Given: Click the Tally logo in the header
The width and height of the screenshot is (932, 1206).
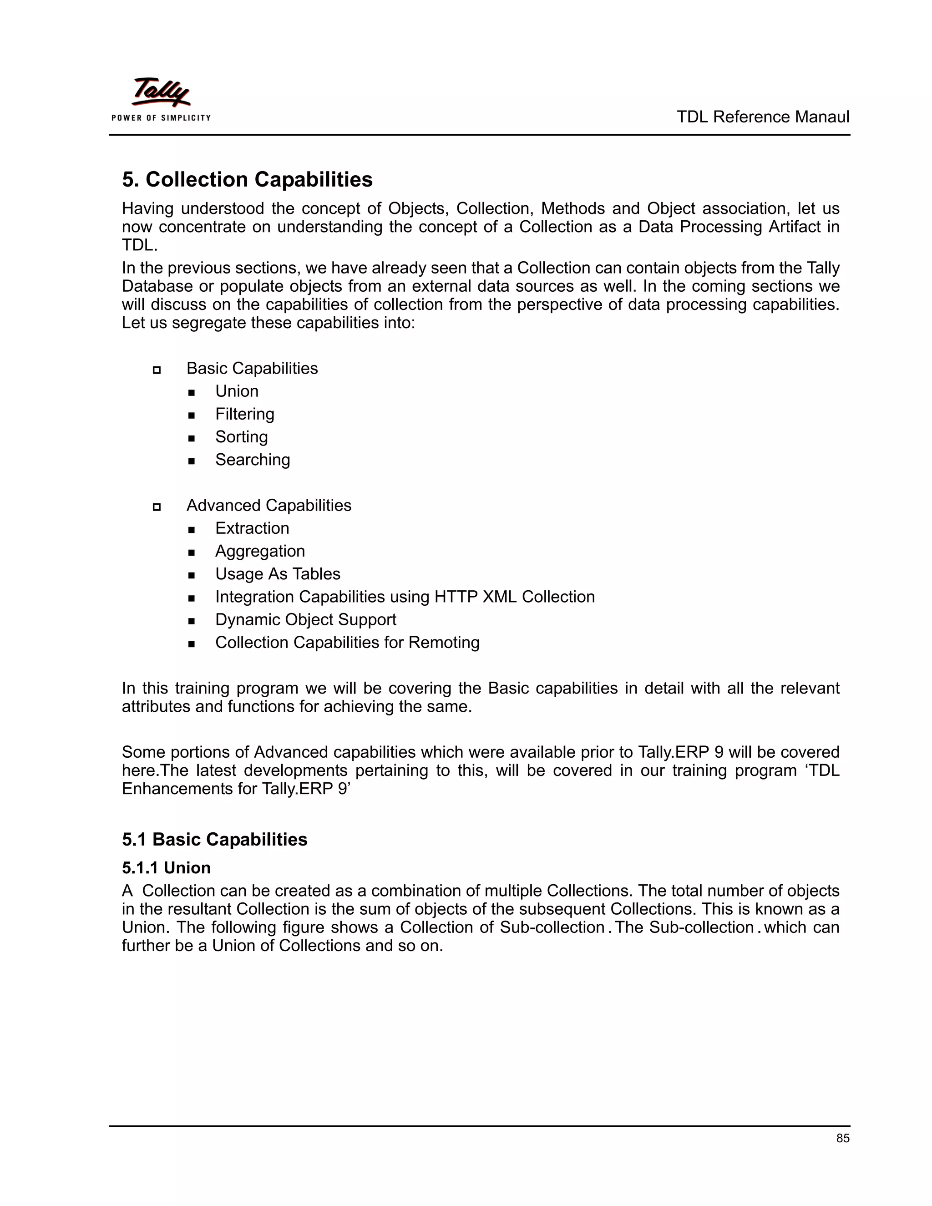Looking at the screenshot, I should [161, 92].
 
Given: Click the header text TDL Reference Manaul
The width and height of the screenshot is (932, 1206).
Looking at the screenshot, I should [763, 117].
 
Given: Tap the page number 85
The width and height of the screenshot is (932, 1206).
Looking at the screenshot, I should [842, 1138].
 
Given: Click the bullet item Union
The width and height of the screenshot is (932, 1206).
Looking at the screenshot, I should [236, 391].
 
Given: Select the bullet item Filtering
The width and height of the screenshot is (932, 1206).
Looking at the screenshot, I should [244, 414].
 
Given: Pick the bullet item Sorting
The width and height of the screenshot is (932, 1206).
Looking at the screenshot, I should [241, 437].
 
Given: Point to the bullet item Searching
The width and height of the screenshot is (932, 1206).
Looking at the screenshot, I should [252, 460].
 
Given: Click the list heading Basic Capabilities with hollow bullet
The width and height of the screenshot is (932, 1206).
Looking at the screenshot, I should [252, 368].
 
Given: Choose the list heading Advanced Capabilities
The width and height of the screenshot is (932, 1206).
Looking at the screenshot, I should [268, 505].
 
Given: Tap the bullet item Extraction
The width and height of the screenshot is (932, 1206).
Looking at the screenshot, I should [252, 528].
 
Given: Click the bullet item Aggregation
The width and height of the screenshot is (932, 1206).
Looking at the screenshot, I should [259, 551].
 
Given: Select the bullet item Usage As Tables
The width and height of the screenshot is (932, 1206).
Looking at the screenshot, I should [277, 574].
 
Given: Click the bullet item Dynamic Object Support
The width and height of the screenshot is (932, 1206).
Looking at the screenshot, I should [305, 619].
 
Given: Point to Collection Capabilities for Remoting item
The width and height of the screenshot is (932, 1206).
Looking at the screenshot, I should [347, 642].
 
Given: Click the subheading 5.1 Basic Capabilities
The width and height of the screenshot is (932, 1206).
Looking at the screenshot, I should [214, 839].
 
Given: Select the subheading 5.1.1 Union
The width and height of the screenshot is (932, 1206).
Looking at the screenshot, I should [166, 867].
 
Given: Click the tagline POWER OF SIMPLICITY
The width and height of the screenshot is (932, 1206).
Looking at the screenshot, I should [161, 117].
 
